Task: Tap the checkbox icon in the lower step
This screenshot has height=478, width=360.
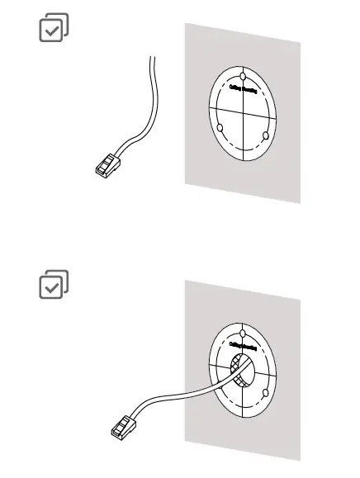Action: pyautogui.click(x=54, y=284)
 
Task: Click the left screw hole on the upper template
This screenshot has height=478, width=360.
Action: pyautogui.click(x=221, y=127)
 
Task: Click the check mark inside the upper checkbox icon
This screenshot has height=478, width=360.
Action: pyautogui.click(x=51, y=31)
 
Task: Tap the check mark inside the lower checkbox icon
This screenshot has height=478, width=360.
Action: pyautogui.click(x=51, y=287)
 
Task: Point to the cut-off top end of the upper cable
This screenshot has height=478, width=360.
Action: pyautogui.click(x=152, y=57)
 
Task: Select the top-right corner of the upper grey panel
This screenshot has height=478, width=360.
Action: pyautogui.click(x=300, y=45)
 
